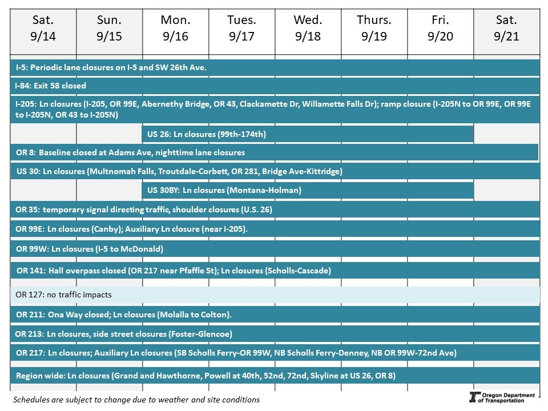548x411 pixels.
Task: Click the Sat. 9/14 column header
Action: point(43,29)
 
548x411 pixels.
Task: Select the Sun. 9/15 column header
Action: point(110,29)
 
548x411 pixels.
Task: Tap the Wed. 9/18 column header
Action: point(308,29)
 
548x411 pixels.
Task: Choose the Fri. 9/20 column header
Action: point(441,29)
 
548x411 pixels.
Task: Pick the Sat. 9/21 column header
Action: point(506,29)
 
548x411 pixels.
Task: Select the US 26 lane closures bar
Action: point(307,134)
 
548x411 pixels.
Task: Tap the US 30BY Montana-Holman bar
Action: point(307,190)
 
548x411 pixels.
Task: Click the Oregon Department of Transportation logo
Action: point(502,398)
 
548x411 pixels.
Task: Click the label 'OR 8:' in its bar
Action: point(26,152)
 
